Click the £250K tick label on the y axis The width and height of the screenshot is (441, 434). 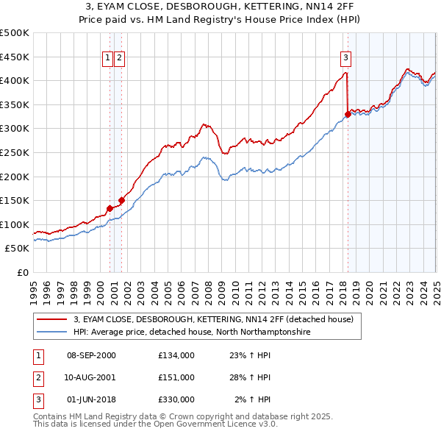coord(15,152)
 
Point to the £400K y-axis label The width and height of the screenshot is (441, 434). coord(15,80)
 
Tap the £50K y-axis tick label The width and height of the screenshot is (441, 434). coord(18,249)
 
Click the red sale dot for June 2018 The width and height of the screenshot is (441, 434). coord(348,114)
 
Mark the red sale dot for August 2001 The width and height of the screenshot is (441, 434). coord(121,200)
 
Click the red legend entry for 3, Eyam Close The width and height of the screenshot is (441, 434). coord(213,320)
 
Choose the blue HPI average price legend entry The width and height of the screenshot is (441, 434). coord(192,332)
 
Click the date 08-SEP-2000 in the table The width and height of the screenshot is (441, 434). coord(91,355)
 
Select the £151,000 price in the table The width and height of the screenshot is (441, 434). coord(176,377)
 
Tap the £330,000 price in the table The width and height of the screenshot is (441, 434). coord(176,399)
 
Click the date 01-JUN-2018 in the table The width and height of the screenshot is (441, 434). coord(91,399)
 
